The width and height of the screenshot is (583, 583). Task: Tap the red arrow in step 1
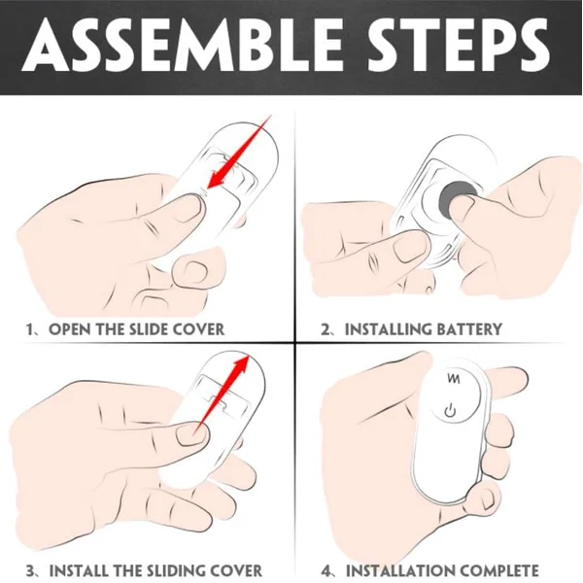click(x=239, y=152)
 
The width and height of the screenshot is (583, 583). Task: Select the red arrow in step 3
click(x=223, y=394)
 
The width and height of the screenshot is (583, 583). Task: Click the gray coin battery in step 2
click(x=457, y=195)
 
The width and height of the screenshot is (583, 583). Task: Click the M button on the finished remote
click(x=454, y=379)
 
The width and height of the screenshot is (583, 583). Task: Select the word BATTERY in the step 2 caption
click(x=469, y=329)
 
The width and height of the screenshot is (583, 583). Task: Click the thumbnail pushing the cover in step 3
click(x=190, y=435)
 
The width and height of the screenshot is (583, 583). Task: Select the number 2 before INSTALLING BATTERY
click(x=326, y=329)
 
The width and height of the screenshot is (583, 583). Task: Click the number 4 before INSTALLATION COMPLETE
click(x=326, y=570)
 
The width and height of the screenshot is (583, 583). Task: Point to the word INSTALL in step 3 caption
click(x=79, y=570)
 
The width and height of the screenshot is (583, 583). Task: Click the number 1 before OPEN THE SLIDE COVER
click(x=30, y=329)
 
